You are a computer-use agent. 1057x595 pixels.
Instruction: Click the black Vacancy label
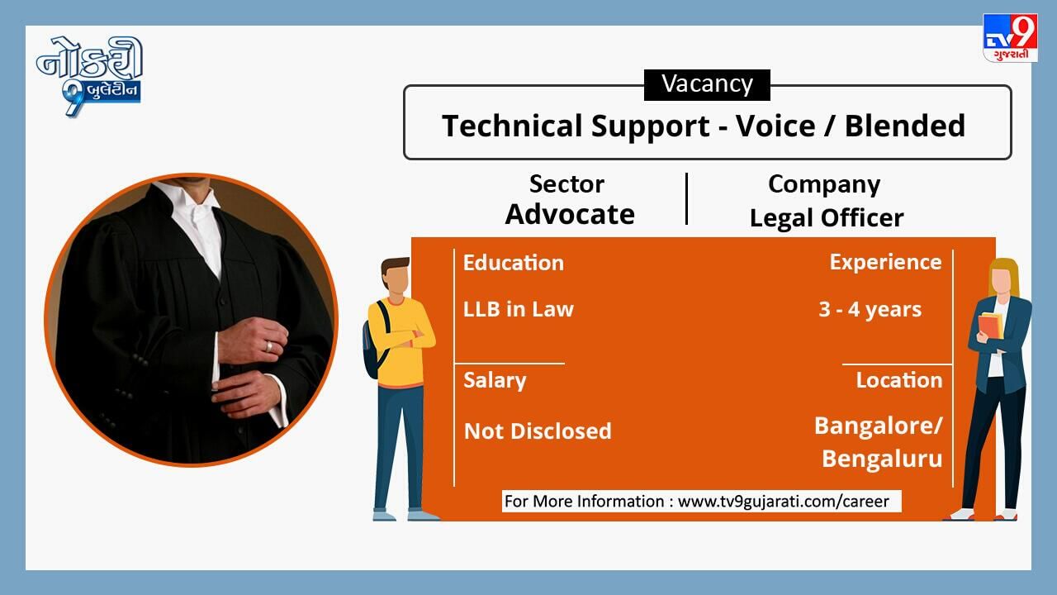coord(707,85)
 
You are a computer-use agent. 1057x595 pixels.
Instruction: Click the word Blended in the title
coord(904,126)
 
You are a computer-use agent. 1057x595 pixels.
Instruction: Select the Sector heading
coord(566,183)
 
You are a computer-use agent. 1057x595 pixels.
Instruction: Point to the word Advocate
coord(570,214)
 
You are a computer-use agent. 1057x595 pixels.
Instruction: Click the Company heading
coord(824,185)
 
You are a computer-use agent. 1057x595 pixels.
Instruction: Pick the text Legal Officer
coord(827,218)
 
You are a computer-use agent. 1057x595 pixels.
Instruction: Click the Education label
coord(514,263)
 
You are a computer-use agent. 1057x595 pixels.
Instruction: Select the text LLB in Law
coord(518,309)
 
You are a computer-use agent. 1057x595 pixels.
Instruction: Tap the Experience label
coord(886,263)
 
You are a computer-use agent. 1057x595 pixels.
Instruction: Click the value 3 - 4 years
coord(870,310)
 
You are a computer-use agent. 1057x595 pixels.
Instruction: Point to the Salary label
coord(495,381)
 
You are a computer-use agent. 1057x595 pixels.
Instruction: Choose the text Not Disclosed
coord(538,431)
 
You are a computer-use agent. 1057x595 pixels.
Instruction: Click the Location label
coord(899,380)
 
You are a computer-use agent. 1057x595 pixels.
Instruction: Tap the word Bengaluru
coord(882,459)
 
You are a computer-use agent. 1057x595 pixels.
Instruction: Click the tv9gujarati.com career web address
coord(784,501)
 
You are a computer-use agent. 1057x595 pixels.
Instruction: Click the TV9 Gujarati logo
coord(1010,38)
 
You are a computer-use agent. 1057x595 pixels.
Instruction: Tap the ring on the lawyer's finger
coord(269,346)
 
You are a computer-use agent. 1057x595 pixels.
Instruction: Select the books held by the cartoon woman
coord(991,326)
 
